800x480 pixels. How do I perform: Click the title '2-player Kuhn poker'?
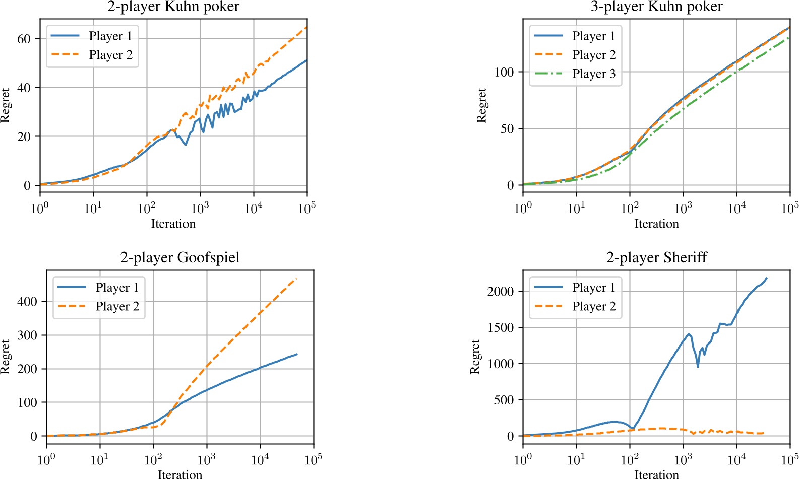click(x=173, y=7)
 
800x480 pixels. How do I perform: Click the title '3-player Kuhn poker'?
click(x=656, y=7)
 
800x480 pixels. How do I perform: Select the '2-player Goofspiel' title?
click(x=179, y=257)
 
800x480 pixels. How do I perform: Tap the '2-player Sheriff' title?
click(x=656, y=257)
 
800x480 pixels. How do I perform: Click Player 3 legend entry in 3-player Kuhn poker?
click(x=593, y=74)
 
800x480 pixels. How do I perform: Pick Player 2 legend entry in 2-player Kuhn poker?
click(x=110, y=55)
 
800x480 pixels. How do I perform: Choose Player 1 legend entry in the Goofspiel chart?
click(x=117, y=288)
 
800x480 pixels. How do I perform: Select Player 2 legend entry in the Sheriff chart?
click(x=593, y=306)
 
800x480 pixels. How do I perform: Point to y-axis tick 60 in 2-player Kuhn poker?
click(x=24, y=39)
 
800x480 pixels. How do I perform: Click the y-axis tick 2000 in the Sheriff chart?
click(x=500, y=292)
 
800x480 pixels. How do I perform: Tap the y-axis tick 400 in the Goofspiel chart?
click(x=27, y=302)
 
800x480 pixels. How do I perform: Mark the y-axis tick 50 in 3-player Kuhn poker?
click(x=507, y=129)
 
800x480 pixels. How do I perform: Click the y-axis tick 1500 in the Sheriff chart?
click(x=500, y=328)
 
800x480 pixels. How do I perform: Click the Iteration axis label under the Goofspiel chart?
click(x=179, y=474)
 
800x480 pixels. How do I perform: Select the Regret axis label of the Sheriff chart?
click(x=474, y=357)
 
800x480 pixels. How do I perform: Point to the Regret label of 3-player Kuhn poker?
click(x=481, y=105)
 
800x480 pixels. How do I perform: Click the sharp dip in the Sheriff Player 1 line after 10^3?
click(x=698, y=367)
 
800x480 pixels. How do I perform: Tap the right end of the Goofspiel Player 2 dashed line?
click(x=296, y=278)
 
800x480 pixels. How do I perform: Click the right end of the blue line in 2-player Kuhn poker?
click(x=306, y=60)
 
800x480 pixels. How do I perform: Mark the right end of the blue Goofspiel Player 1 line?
click(x=297, y=354)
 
